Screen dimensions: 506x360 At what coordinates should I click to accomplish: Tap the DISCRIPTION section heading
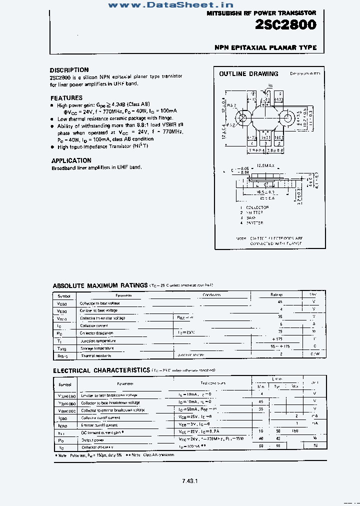coord(69,70)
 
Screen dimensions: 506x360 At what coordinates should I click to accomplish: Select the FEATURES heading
coord(66,98)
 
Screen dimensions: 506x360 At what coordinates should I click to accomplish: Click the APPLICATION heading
coord(71,160)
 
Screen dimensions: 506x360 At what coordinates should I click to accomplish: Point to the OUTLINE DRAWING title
coord(248,74)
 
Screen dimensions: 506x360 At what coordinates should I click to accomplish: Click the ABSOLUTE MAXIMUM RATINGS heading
coord(100,285)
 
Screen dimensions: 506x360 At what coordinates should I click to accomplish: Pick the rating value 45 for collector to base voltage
coord(280,302)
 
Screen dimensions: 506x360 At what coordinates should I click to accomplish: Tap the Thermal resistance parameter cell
coord(96,355)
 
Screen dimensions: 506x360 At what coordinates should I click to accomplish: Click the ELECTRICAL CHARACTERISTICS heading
coord(101,370)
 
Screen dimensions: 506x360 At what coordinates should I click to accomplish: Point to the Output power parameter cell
coord(92,440)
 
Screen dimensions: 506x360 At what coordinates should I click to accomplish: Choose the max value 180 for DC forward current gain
coord(294,430)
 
